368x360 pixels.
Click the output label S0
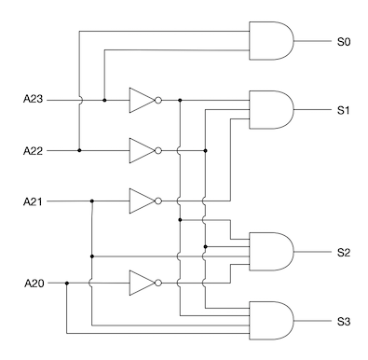[x=344, y=41]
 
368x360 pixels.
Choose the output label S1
[x=344, y=110]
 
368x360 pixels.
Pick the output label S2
[x=344, y=253]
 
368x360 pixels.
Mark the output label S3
[x=344, y=322]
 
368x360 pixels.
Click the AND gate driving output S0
[x=271, y=41]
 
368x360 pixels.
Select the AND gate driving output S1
[x=271, y=110]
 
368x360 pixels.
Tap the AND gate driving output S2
[x=271, y=253]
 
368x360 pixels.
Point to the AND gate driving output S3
[x=271, y=322]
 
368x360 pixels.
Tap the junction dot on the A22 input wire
[x=79, y=149]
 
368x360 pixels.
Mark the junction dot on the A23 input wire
[x=104, y=98]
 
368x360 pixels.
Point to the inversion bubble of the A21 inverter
[x=158, y=201]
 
